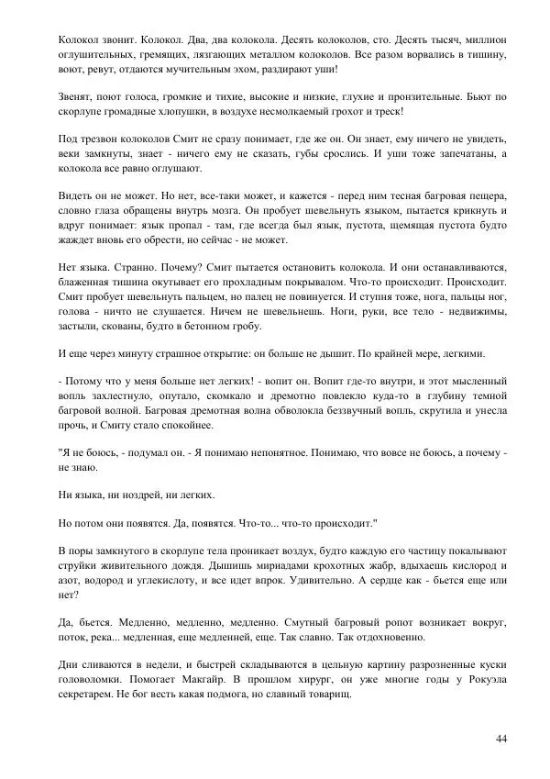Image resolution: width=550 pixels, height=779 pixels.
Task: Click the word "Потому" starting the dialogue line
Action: (84, 381)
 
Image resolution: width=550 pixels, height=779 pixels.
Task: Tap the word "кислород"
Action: (463, 564)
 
